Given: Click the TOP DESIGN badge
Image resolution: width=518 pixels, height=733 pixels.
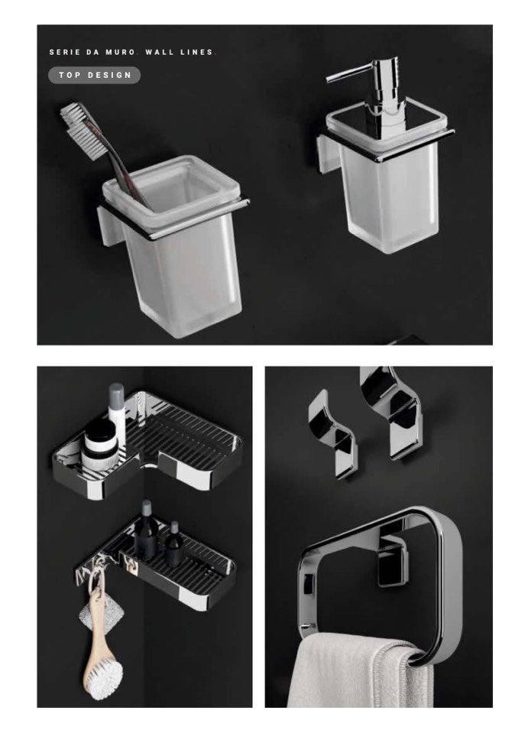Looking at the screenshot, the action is click(94, 75).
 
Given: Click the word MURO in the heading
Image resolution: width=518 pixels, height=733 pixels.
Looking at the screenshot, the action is click(121, 52).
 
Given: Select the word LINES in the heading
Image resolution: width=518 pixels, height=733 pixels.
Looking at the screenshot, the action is click(196, 52).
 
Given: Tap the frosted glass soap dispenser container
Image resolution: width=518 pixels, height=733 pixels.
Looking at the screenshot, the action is click(389, 187).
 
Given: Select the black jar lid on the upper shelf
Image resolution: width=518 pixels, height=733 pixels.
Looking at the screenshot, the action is click(100, 432).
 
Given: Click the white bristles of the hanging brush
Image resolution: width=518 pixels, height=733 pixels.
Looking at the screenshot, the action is click(105, 679).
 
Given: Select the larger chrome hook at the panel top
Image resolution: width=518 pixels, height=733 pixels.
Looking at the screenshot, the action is click(391, 411).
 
